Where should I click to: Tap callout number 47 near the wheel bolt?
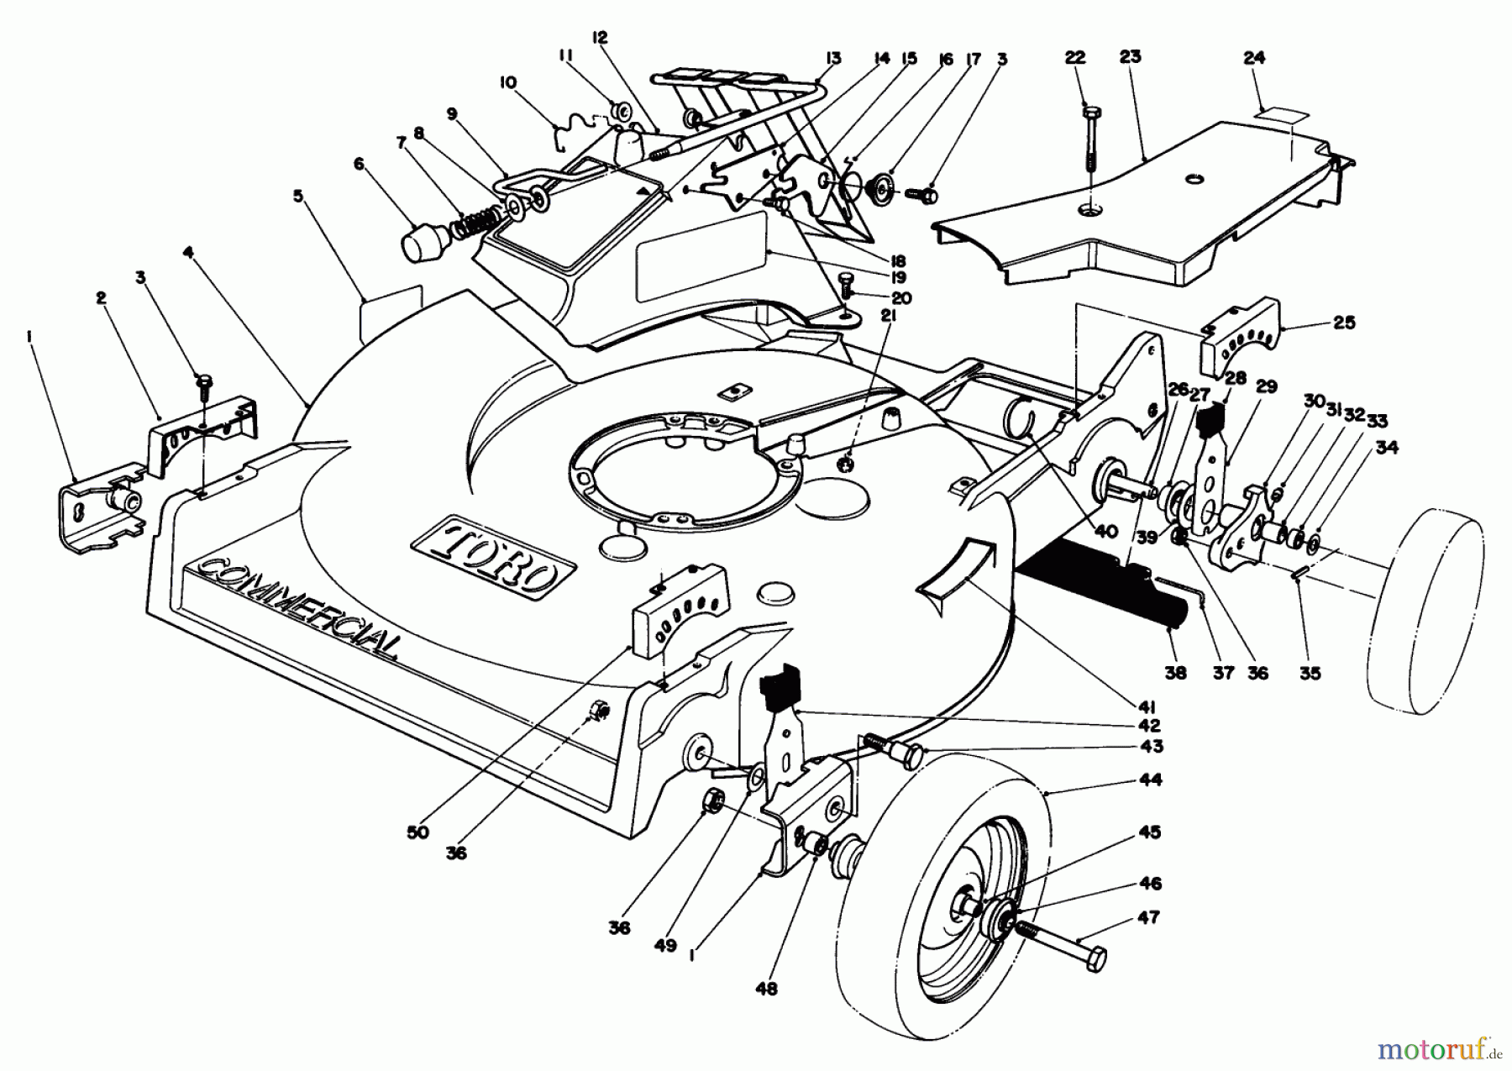tap(1148, 917)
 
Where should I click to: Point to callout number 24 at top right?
tap(1254, 58)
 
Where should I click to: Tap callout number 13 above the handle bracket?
tap(833, 58)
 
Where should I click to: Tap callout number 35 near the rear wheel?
tap(1310, 673)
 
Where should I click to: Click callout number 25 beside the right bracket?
tap(1344, 322)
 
